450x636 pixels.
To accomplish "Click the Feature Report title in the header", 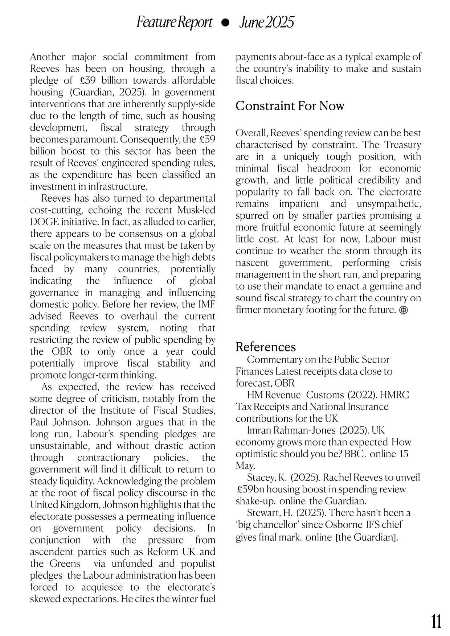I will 174,22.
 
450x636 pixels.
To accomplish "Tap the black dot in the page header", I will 225,23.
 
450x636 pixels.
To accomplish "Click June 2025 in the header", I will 266,22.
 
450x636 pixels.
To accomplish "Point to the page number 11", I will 436,621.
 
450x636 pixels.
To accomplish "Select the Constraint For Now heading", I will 290,106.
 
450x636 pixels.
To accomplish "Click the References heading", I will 266,347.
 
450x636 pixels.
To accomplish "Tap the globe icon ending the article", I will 403,310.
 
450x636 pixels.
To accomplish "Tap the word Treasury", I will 403,145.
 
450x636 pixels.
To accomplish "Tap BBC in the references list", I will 355,454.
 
